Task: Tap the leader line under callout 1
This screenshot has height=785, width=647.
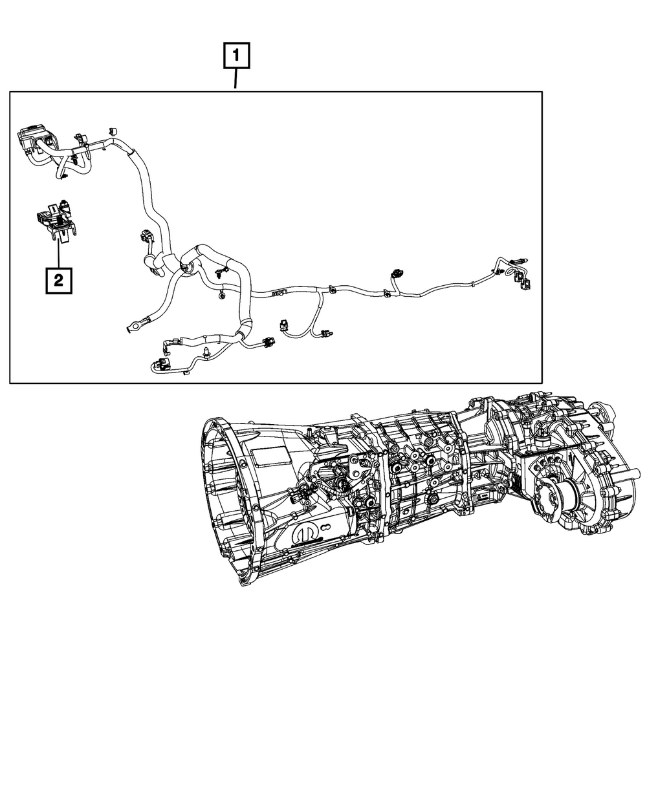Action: [236, 80]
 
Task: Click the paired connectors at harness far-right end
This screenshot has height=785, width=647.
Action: [521, 278]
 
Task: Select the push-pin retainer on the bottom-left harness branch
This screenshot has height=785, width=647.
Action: [205, 352]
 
